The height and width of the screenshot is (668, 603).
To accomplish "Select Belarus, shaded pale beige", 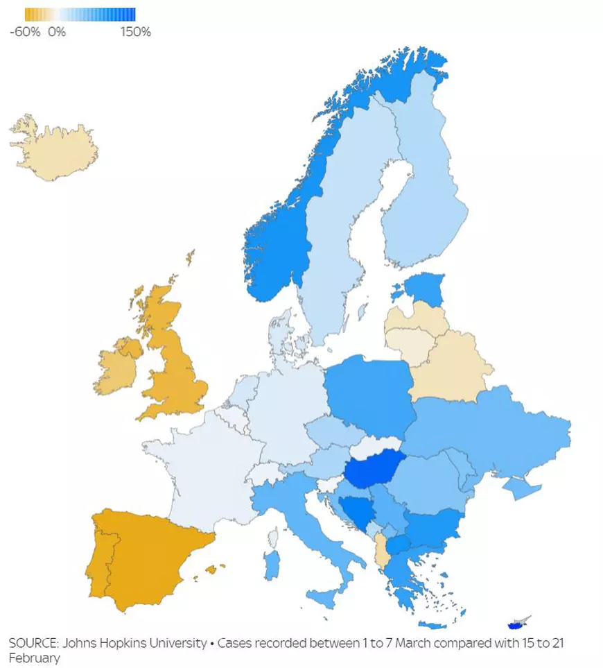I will point(451,368).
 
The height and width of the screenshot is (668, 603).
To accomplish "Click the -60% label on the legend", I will point(24,32).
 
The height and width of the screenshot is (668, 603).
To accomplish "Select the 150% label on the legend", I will point(135,32).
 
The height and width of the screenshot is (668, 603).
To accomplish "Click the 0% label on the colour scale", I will point(57,32).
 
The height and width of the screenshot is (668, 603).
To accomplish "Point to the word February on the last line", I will point(34,658).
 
